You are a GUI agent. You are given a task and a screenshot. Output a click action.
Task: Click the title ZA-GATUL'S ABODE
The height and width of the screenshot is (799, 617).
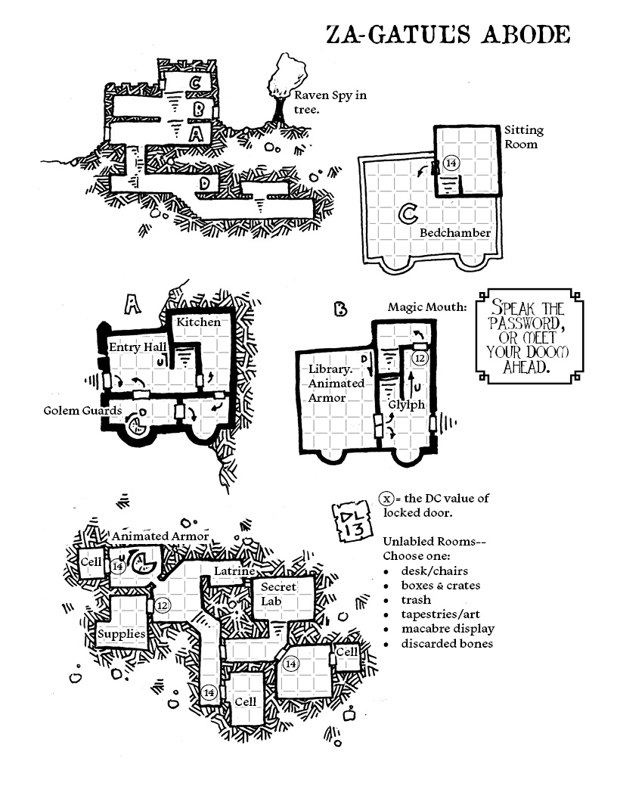[447, 35]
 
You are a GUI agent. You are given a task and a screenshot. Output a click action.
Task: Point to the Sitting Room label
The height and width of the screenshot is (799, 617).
[523, 137]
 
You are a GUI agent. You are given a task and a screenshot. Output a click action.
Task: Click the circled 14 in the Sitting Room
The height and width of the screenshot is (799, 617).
[451, 163]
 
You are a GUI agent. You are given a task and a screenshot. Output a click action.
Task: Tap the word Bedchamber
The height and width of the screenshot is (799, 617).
[455, 232]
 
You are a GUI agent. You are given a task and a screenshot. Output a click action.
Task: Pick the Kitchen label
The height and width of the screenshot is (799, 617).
[199, 322]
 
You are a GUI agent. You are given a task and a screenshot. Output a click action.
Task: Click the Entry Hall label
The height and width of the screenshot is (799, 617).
[138, 346]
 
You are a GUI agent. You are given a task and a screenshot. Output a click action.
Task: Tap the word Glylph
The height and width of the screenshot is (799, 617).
[407, 405]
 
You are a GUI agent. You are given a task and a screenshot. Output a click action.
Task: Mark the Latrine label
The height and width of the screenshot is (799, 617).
[233, 571]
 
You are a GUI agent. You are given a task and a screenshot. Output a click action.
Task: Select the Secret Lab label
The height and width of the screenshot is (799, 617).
[278, 593]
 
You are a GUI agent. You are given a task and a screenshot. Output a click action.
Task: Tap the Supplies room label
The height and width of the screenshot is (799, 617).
[122, 633]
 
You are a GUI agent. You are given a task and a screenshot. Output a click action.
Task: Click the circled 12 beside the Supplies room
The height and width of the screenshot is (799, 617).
[162, 605]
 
